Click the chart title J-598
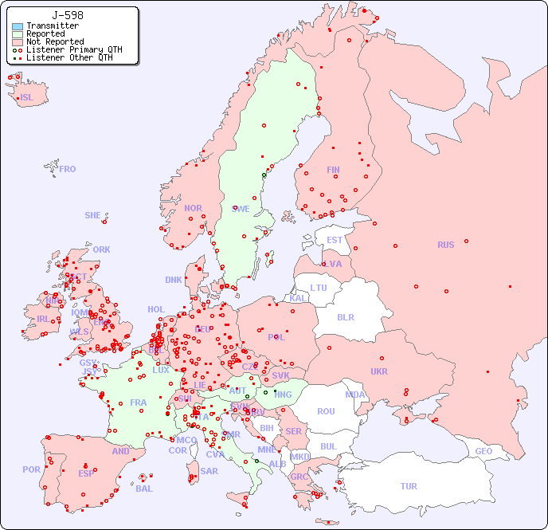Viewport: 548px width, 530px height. [x=68, y=15]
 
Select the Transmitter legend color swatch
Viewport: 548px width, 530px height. [x=18, y=26]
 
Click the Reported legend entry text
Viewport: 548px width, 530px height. [x=45, y=34]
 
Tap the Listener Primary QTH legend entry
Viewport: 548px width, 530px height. [x=74, y=49]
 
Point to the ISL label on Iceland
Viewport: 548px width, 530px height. [x=27, y=98]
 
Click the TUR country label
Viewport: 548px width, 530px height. [x=409, y=486]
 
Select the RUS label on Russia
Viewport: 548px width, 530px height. [x=445, y=245]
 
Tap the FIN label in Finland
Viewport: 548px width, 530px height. [x=333, y=170]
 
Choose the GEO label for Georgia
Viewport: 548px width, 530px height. [x=483, y=451]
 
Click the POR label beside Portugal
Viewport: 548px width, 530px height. [x=31, y=469]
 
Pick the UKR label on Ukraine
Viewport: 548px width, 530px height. [x=379, y=371]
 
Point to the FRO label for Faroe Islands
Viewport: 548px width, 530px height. [x=68, y=169]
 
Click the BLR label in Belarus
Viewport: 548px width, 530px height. [x=346, y=316]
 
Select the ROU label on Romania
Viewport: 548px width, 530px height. [x=326, y=411]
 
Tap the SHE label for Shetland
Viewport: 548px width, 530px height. [x=93, y=215]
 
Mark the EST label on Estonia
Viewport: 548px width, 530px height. [x=335, y=240]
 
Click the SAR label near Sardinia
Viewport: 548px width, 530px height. [x=209, y=471]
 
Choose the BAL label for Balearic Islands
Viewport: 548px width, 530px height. [x=144, y=489]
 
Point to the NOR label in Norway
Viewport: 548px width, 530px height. [x=193, y=208]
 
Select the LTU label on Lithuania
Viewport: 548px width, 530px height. [x=319, y=288]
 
